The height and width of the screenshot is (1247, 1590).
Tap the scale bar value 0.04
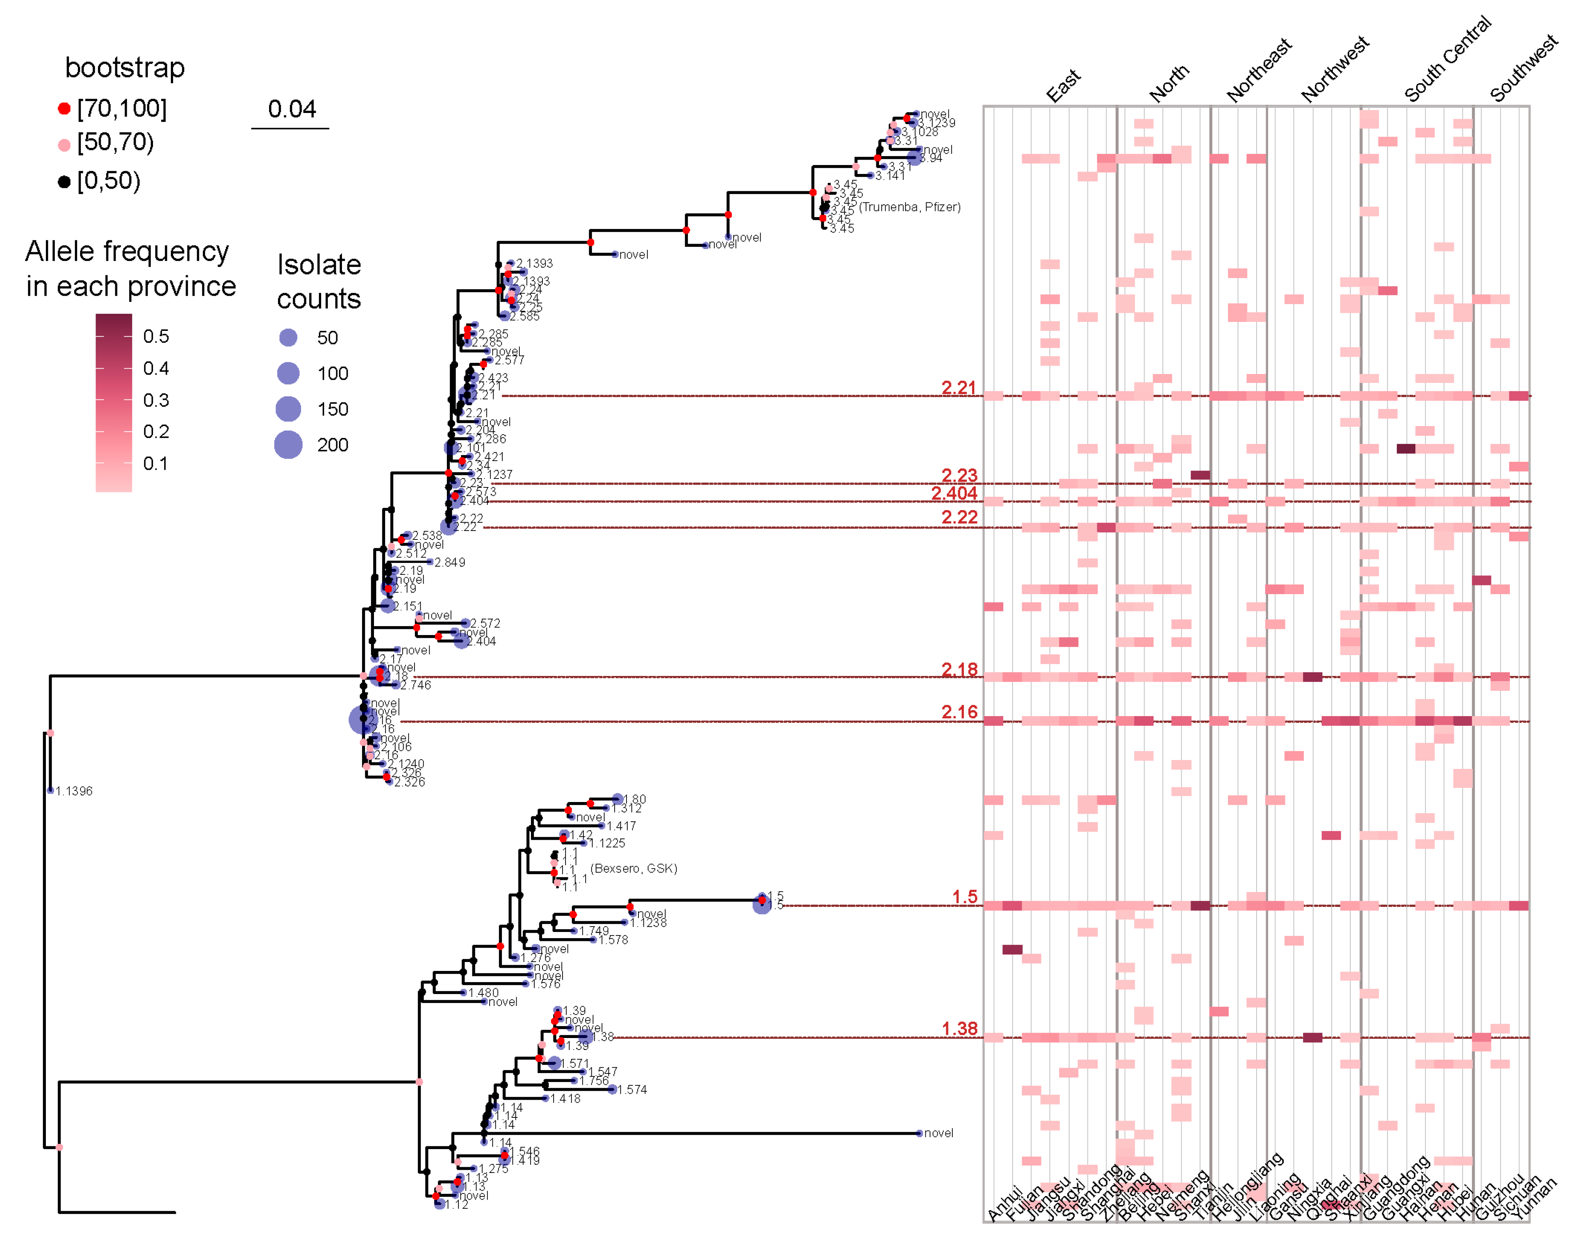pyautogui.click(x=291, y=110)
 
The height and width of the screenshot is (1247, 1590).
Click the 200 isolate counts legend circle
pyautogui.click(x=288, y=445)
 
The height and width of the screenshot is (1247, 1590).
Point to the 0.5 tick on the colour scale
pyautogui.click(x=155, y=337)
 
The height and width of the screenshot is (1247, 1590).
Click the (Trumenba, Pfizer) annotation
pyautogui.click(x=910, y=207)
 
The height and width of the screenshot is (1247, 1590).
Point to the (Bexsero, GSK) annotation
pyautogui.click(x=634, y=869)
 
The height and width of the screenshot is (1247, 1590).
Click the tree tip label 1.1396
pyautogui.click(x=74, y=791)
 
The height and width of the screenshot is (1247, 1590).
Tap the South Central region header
pyautogui.click(x=1447, y=60)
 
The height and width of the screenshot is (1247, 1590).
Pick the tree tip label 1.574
pyautogui.click(x=632, y=1090)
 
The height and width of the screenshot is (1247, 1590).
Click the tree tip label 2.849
pyautogui.click(x=450, y=563)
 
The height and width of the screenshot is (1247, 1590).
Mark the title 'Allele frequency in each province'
pyautogui.click(x=130, y=269)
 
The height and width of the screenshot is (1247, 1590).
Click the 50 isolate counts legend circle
pyautogui.click(x=288, y=337)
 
